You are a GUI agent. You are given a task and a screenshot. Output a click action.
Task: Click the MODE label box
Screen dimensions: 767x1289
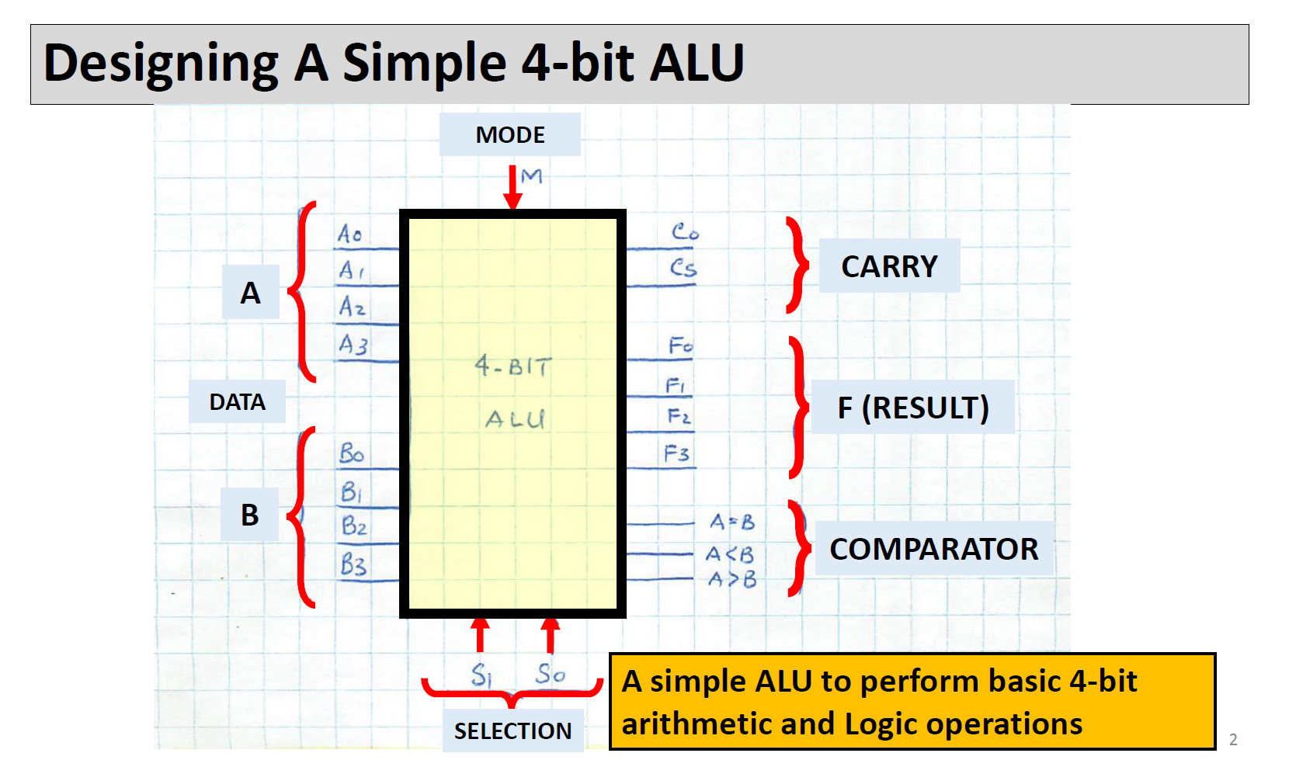click(x=509, y=134)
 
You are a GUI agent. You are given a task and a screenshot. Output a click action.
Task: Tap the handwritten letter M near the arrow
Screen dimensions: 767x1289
click(x=531, y=176)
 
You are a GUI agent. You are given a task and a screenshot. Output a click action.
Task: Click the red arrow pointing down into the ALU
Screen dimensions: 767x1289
click(x=512, y=187)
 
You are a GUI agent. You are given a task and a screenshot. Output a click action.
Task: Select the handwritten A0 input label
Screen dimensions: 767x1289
click(x=349, y=233)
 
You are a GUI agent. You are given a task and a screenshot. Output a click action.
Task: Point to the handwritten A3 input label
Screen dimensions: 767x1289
click(x=353, y=344)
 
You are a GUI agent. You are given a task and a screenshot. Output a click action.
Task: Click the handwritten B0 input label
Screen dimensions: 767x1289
click(x=352, y=453)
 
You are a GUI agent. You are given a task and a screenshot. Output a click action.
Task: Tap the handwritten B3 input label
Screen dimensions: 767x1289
click(x=353, y=564)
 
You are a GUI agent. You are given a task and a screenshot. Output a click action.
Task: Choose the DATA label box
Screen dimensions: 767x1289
click(x=237, y=401)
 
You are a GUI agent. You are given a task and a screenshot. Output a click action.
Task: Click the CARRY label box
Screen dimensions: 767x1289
click(x=889, y=266)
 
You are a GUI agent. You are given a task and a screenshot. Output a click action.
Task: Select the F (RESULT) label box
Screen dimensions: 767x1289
click(x=912, y=408)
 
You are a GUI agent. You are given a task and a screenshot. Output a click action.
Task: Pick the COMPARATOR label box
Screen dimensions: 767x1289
click(x=933, y=549)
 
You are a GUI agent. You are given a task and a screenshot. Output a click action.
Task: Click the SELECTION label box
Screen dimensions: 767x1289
click(x=512, y=731)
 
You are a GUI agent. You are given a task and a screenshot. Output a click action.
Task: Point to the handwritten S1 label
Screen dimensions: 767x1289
click(x=481, y=674)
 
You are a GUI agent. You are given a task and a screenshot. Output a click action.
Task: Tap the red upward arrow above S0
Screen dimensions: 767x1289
click(x=551, y=634)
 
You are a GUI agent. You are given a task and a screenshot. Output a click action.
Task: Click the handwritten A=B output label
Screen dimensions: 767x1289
click(x=732, y=522)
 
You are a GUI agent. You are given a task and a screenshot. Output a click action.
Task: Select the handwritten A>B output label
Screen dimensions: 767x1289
click(x=731, y=579)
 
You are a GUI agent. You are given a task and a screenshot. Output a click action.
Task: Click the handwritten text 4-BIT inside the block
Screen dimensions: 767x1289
click(x=513, y=366)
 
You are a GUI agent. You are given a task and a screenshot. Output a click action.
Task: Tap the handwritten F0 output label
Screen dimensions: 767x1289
click(x=680, y=345)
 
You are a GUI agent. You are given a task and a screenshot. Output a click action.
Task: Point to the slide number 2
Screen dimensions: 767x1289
click(x=1233, y=740)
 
